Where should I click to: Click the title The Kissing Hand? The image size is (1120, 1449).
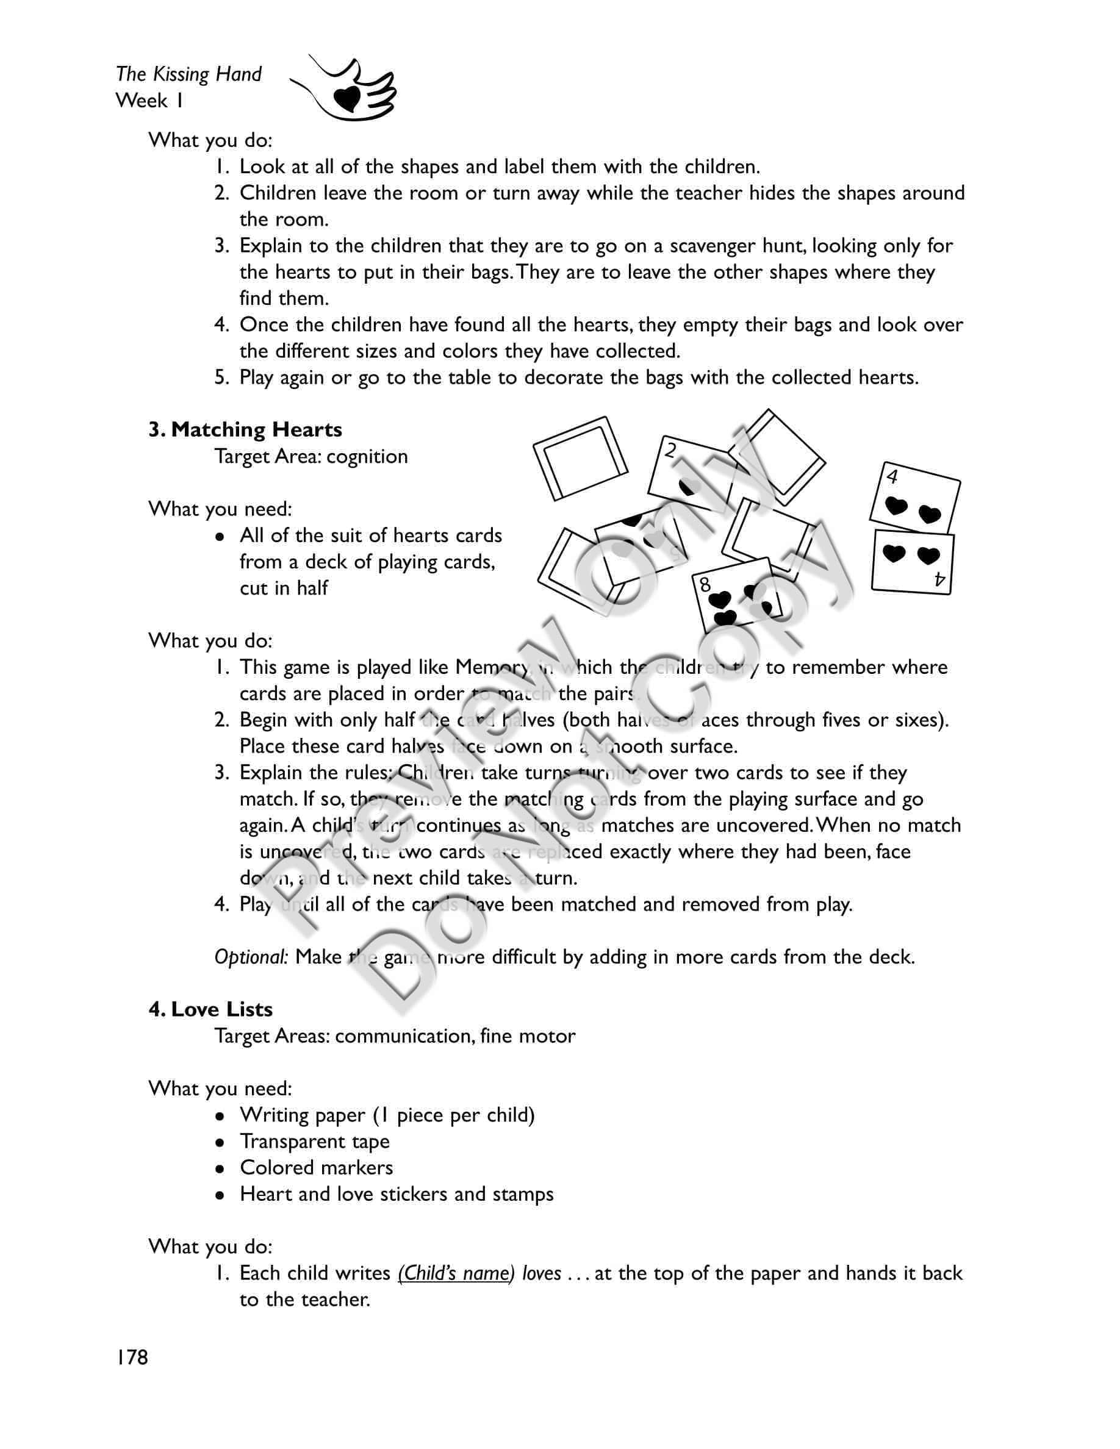point(188,74)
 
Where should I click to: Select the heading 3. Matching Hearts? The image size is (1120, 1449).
point(245,430)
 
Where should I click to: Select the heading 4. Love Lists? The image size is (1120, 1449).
point(210,1009)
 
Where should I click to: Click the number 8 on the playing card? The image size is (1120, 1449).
point(705,584)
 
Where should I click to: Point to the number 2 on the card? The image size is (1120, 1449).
point(671,451)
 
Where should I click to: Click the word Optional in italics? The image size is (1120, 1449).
point(251,957)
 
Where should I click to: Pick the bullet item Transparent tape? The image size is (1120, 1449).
point(315,1141)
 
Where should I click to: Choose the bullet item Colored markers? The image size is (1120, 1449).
point(316,1168)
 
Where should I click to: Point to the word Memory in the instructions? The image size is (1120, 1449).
point(491,667)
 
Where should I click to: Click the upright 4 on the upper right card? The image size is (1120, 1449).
point(892,476)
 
